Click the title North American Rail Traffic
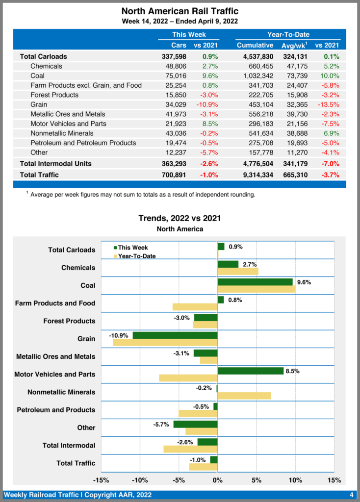[x=180, y=11]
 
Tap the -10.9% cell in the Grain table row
[x=207, y=104]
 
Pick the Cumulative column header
[x=255, y=45]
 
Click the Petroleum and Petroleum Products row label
[x=83, y=143]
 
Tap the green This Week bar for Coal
[x=255, y=282]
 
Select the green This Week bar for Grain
[x=175, y=335]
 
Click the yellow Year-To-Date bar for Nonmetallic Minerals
[x=244, y=396]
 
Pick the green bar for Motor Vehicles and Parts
[x=251, y=371]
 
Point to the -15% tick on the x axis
[x=101, y=480]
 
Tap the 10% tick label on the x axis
[x=295, y=480]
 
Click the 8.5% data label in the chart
[x=292, y=371]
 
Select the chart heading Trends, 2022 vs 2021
[x=180, y=218]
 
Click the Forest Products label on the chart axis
[x=69, y=321]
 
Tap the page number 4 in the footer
[x=351, y=495]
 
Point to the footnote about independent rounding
[x=142, y=195]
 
